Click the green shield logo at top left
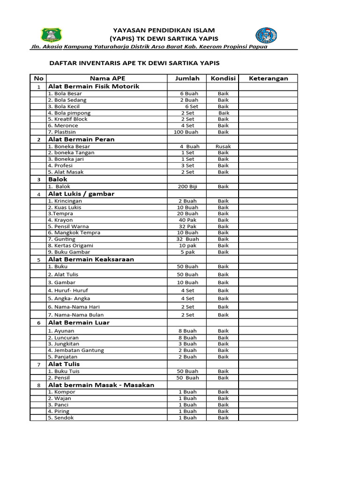pyautogui.click(x=51, y=35)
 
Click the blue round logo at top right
pyautogui.click(x=266, y=36)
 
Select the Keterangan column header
pyautogui.click(x=268, y=78)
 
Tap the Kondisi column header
pyautogui.click(x=223, y=78)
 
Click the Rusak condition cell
pyautogui.click(x=223, y=146)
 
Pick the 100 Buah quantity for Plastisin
pyautogui.click(x=186, y=132)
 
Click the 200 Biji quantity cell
pyautogui.click(x=187, y=187)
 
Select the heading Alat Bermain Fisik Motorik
pyautogui.click(x=94, y=86)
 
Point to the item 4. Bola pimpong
pyautogui.click(x=69, y=113)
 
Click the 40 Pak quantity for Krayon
pyautogui.click(x=187, y=220)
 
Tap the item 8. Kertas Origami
pyautogui.click(x=71, y=246)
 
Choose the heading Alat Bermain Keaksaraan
pyautogui.click(x=91, y=259)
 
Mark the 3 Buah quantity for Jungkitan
pyautogui.click(x=187, y=344)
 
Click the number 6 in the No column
pyautogui.click(x=38, y=323)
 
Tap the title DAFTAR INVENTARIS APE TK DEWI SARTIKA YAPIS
pyautogui.click(x=135, y=63)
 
